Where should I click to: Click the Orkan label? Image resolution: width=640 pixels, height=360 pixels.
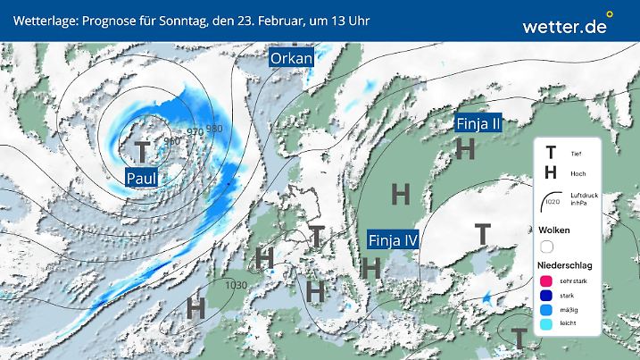[x=292, y=59]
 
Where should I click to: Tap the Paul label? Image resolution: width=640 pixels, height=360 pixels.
[x=142, y=178]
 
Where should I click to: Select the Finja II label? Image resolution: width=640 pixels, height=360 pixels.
[x=478, y=124]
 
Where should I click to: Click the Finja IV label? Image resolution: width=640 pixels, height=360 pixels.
[x=394, y=239]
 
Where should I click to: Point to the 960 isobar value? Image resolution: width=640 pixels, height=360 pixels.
[x=173, y=141]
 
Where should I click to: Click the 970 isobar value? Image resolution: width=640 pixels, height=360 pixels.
[x=195, y=132]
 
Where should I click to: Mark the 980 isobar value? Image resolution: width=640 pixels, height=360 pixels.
[x=214, y=129]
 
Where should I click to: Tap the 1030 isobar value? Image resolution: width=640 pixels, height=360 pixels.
[x=237, y=285]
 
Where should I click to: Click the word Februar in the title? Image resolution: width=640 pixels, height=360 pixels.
[x=287, y=20]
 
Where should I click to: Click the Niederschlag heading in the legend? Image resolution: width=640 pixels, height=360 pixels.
[x=568, y=267]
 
